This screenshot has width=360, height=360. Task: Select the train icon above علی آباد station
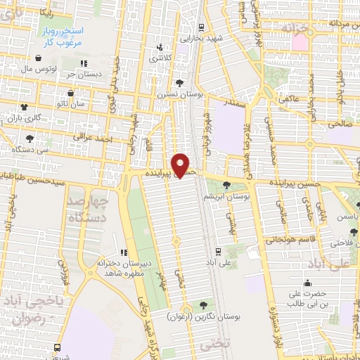click(x=217, y=250)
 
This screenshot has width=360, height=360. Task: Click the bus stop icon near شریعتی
click(x=57, y=347)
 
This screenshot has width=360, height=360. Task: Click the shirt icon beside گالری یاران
click(x=25, y=106)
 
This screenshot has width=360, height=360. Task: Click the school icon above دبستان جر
click(x=83, y=64)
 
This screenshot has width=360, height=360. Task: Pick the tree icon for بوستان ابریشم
click(x=226, y=185)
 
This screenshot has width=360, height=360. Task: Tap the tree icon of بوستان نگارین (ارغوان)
click(x=203, y=305)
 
